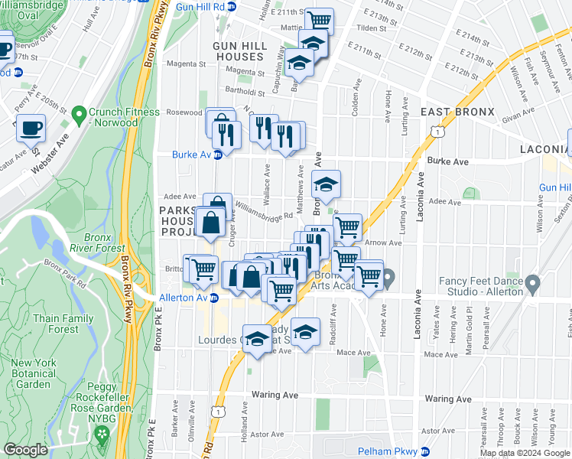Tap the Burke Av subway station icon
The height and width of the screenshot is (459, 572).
pos(216,155)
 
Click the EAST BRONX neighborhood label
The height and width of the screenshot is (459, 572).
pos(458,112)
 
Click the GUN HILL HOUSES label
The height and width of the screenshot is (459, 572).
pos(240,52)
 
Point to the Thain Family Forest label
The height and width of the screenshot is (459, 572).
pos(63,324)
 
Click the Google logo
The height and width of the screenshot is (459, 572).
pos(25,450)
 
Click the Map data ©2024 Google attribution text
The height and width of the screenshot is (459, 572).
pos(525,453)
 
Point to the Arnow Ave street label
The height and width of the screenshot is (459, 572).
pos(385,243)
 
